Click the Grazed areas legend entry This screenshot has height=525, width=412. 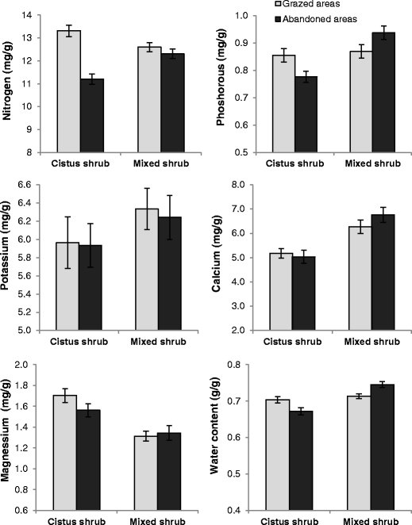314,5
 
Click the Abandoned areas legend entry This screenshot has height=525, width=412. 321,17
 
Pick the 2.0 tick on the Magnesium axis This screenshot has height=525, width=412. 36,365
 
